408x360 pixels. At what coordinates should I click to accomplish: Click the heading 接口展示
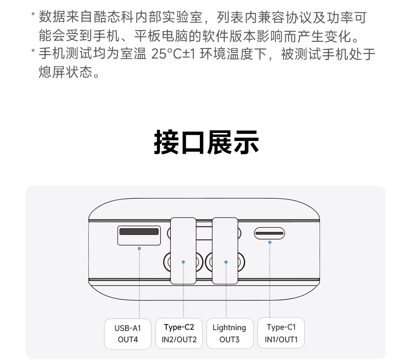[x=206, y=142]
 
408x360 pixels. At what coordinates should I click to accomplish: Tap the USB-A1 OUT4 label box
[x=128, y=334]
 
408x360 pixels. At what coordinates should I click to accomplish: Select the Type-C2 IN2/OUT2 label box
[x=179, y=333]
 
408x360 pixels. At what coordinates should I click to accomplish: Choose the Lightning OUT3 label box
[x=230, y=333]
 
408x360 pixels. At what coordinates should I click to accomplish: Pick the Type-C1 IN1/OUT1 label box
[x=281, y=333]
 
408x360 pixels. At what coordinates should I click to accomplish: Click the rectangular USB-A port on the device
[x=139, y=235]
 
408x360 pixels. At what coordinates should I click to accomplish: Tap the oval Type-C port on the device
[x=269, y=233]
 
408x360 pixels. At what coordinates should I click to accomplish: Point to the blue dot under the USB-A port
[x=139, y=249]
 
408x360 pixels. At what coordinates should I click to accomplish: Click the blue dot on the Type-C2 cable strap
[x=183, y=262]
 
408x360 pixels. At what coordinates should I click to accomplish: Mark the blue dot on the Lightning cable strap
[x=226, y=262]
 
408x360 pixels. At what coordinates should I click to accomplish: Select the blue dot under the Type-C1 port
[x=270, y=243]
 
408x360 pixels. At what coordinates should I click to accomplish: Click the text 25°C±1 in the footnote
[x=173, y=54]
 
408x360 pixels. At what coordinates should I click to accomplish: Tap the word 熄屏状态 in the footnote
[x=66, y=72]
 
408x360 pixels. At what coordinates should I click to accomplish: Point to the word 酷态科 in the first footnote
[x=114, y=17]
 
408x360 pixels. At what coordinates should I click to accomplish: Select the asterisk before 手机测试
[x=33, y=51]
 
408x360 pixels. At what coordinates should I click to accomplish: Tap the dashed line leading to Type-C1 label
[x=270, y=281]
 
